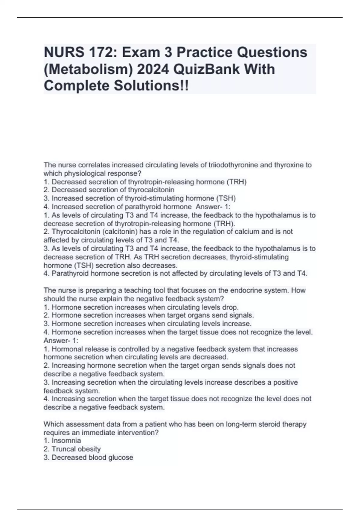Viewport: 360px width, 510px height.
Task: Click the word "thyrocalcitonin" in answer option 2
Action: [x=151, y=190]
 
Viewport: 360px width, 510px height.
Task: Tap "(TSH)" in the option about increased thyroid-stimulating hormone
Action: [x=226, y=198]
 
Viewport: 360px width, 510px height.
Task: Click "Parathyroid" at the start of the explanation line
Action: [x=70, y=273]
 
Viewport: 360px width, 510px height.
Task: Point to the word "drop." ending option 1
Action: [x=231, y=307]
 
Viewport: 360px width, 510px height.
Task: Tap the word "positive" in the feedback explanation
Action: [x=285, y=382]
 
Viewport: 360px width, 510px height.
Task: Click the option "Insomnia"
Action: [x=66, y=441]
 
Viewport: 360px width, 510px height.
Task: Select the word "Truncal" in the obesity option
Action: [x=64, y=449]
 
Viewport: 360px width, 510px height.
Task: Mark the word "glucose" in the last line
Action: [x=121, y=457]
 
